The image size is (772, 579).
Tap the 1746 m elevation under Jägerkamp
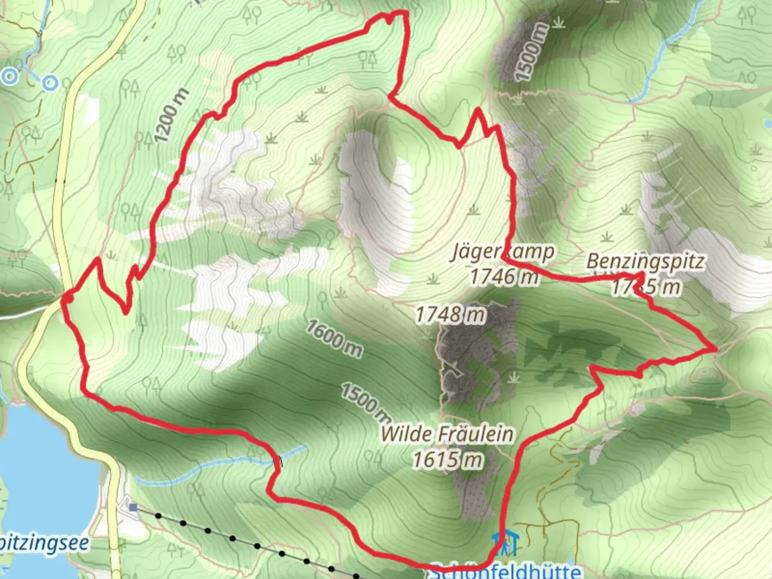tap(504, 276)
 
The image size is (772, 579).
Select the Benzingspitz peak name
tap(645, 262)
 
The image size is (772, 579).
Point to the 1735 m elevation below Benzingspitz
tap(646, 287)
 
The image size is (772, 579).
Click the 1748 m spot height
tap(450, 315)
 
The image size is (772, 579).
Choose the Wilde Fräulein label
tap(447, 434)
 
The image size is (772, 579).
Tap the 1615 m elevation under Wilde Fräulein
tap(448, 459)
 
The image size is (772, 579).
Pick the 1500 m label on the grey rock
tap(533, 53)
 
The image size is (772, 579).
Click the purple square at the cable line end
tap(133, 507)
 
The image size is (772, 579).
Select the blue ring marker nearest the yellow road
tap(50, 83)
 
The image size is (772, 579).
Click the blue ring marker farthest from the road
tap(10, 76)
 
